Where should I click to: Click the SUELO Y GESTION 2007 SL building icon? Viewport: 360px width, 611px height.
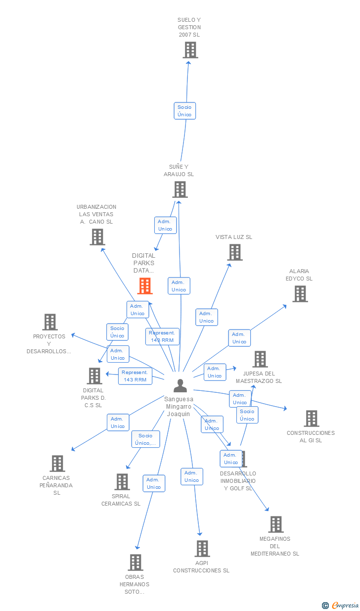point(190,50)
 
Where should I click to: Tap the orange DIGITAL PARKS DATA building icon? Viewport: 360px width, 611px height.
point(145,286)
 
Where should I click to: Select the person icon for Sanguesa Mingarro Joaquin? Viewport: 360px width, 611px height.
point(180,386)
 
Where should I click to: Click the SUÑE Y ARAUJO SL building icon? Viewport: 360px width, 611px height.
point(180,189)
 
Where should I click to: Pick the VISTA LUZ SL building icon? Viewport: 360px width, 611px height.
point(234,252)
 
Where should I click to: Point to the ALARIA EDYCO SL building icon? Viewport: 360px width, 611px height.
point(300,294)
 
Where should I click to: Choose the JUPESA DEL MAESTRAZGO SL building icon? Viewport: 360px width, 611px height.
point(260,359)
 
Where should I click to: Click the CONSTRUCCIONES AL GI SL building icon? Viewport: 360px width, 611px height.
point(311,419)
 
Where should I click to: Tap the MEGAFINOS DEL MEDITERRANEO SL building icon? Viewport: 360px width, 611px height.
point(275,524)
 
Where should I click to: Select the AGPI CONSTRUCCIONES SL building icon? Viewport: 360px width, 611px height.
point(202,549)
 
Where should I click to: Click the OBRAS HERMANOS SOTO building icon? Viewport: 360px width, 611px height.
point(135,563)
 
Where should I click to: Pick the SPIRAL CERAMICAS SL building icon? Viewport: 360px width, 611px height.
point(122,482)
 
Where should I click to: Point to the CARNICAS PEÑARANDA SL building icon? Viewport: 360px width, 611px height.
point(57,464)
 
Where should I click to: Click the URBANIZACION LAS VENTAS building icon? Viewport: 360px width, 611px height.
point(97,237)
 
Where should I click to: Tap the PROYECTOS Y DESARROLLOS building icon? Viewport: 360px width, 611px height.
point(50,322)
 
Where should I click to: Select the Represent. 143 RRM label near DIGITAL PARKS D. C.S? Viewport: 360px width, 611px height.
point(135,376)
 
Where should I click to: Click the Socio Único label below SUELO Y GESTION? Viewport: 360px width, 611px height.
point(184,111)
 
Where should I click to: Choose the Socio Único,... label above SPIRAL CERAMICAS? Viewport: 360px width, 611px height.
point(145,439)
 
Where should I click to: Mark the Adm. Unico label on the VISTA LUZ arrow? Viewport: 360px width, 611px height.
point(206,317)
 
